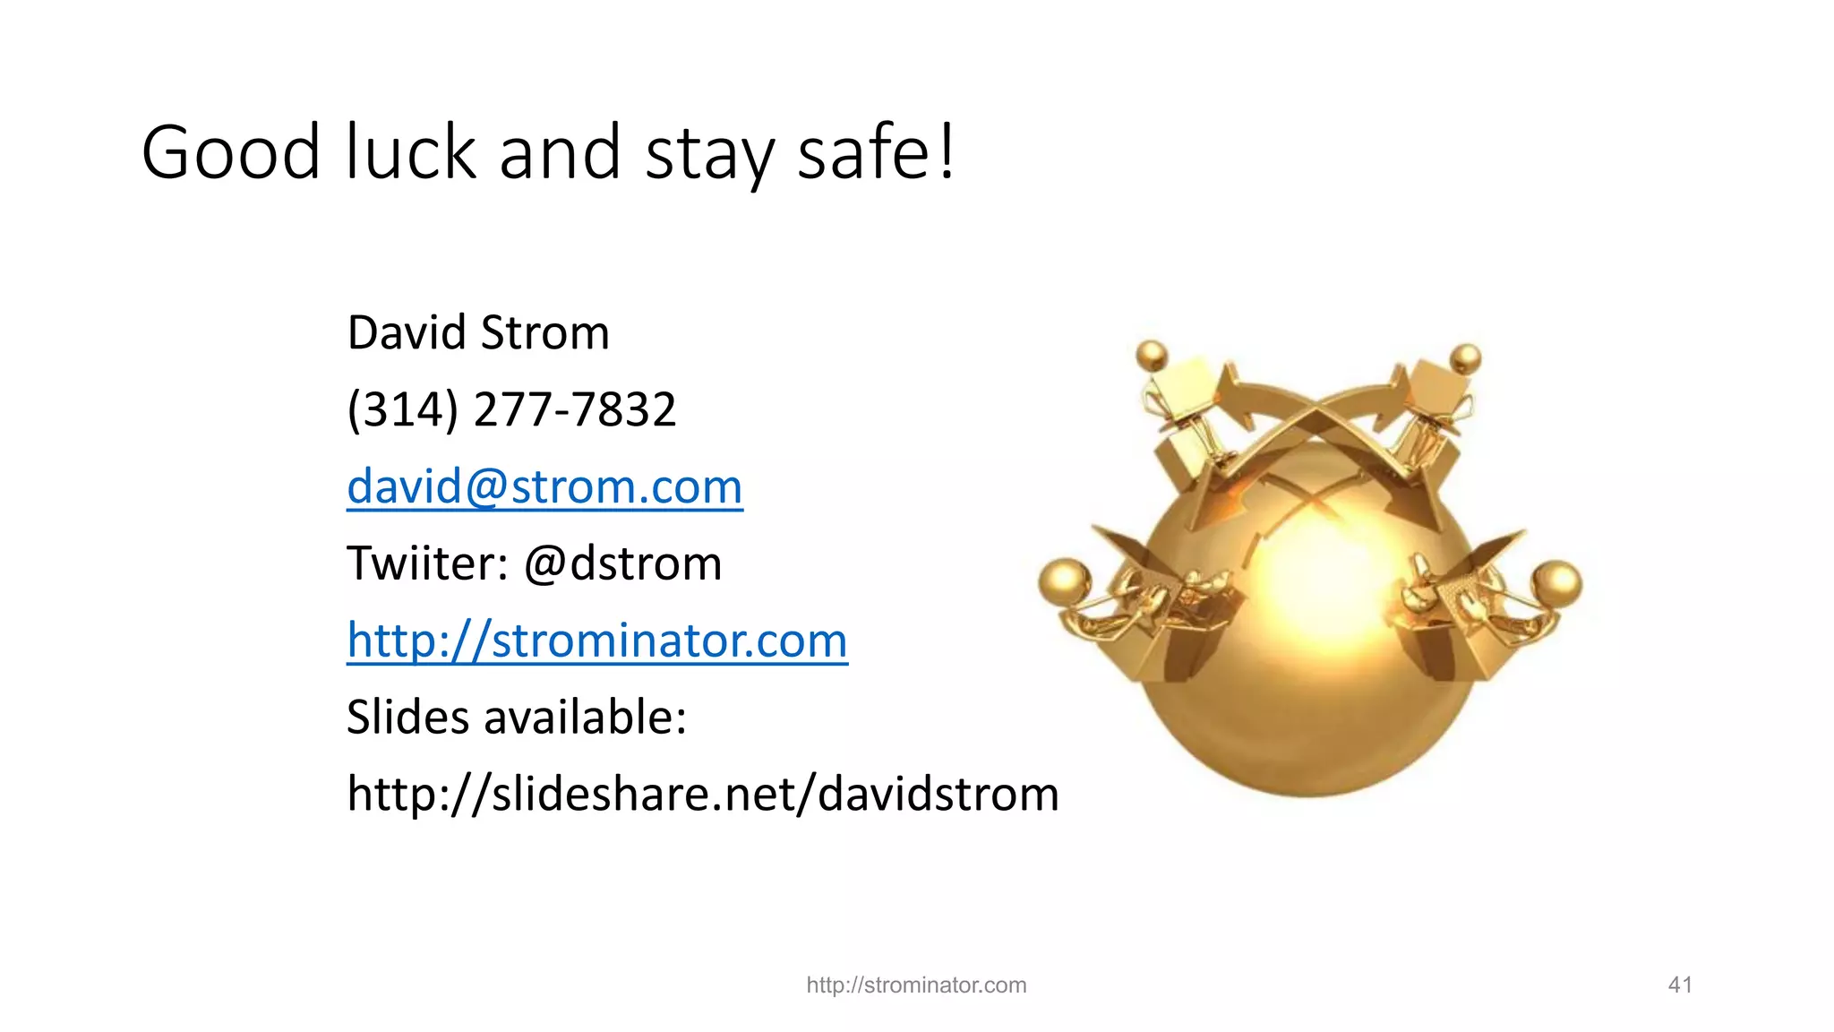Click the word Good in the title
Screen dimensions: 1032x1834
[231, 152]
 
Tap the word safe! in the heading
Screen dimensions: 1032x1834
[876, 152]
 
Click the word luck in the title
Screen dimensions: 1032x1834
[411, 152]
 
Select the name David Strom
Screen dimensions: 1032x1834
[478, 333]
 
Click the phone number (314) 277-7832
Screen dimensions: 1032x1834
[511, 410]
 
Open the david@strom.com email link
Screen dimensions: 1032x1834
[544, 487]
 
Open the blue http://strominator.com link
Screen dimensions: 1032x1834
[597, 641]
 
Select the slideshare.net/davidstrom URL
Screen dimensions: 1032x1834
[703, 795]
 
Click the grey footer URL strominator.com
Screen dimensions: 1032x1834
[916, 985]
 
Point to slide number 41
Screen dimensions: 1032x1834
[1680, 985]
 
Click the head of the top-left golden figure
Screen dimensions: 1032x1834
[1152, 355]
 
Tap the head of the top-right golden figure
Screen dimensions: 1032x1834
[1465, 358]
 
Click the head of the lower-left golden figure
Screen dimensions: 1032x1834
[1064, 581]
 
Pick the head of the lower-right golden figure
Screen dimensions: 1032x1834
[1558, 583]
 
